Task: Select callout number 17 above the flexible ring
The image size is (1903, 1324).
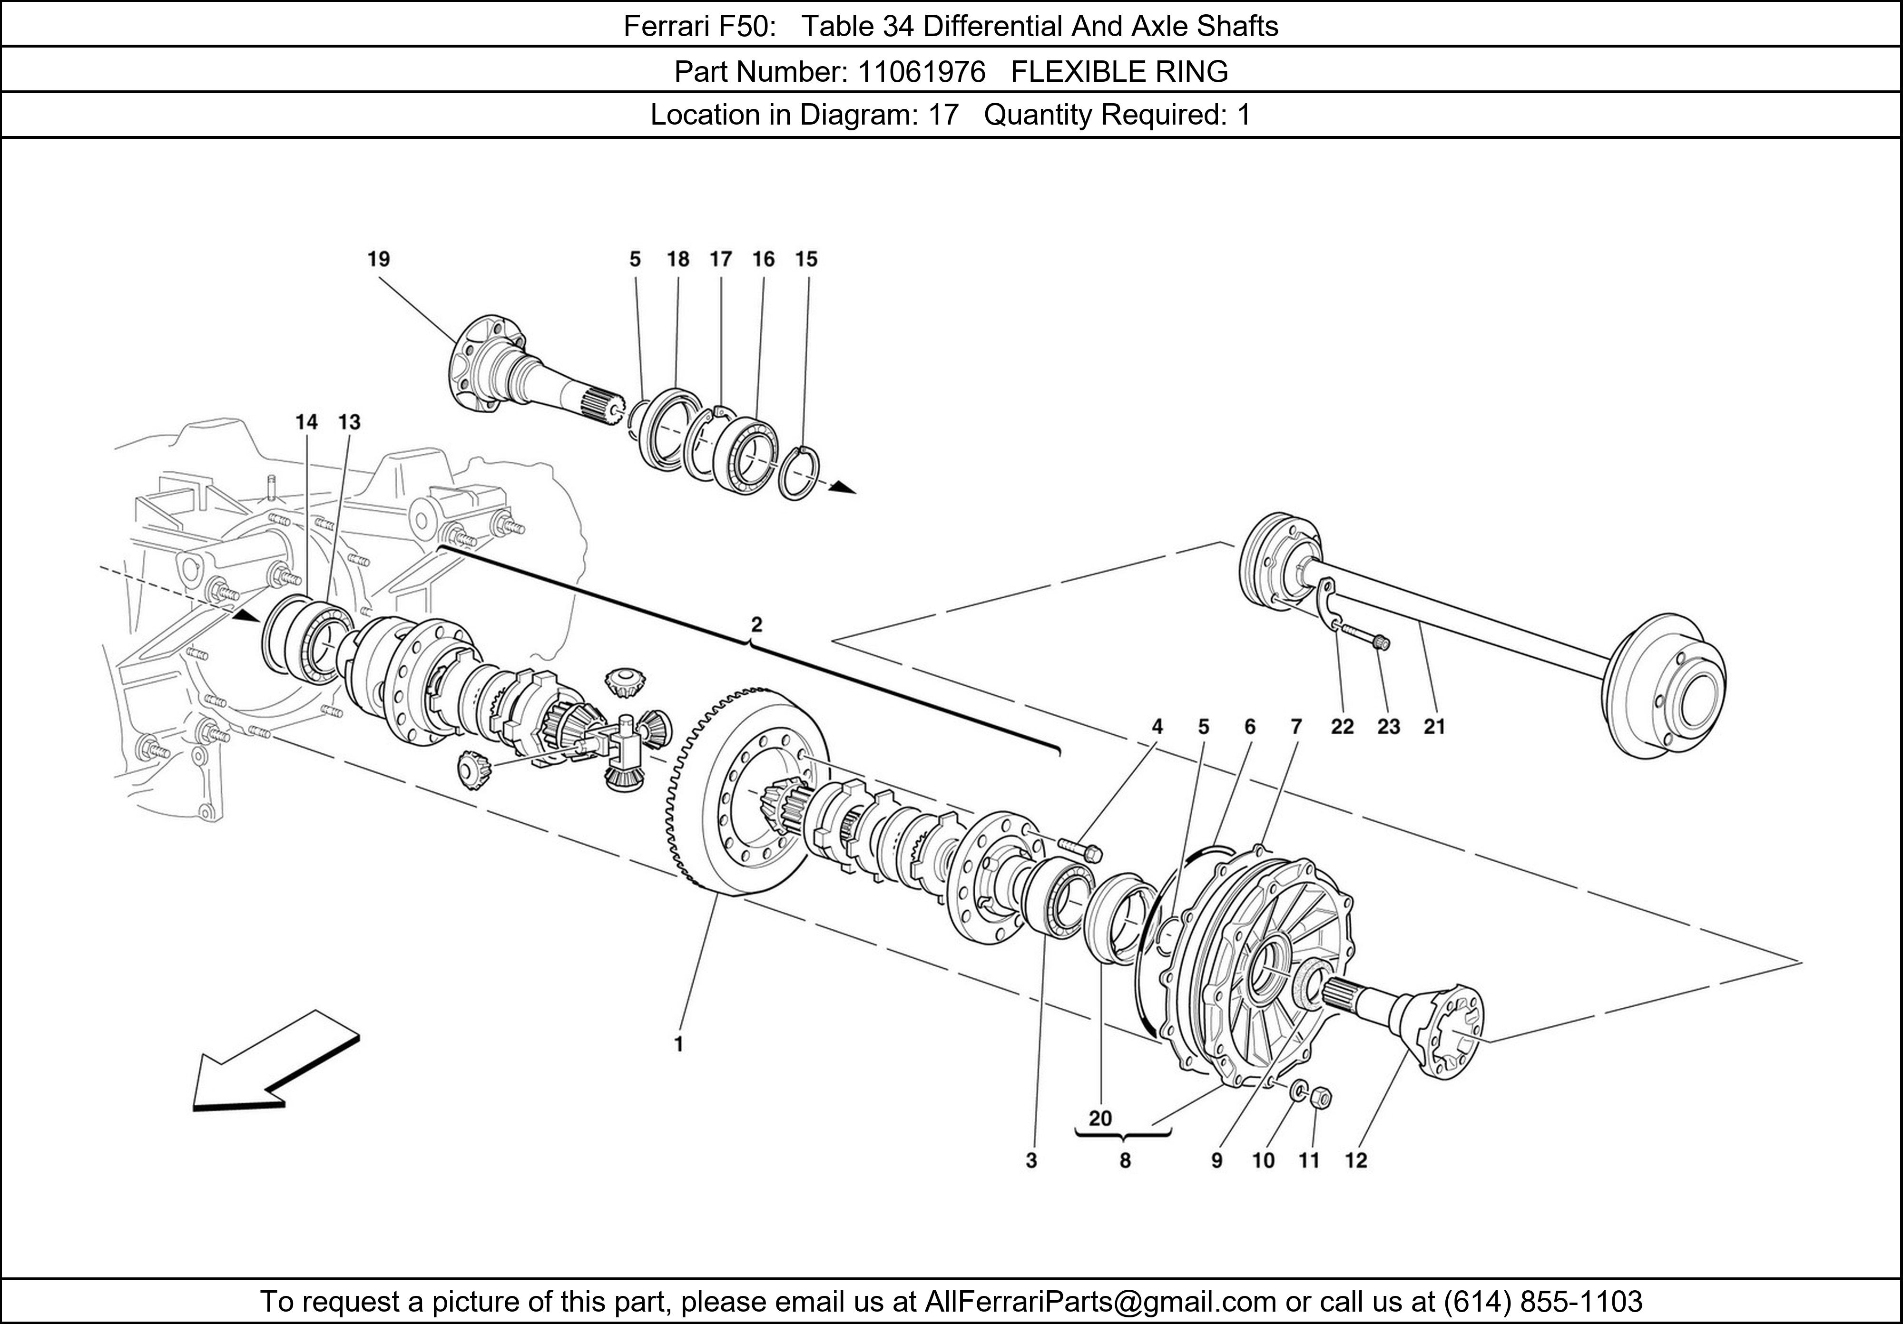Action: [x=720, y=259]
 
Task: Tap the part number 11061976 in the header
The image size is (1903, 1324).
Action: [x=921, y=72]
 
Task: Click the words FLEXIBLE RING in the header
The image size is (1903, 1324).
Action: [x=1119, y=72]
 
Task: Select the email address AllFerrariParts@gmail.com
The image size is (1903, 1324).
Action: [x=1100, y=1302]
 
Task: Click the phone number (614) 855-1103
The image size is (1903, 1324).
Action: [x=1542, y=1302]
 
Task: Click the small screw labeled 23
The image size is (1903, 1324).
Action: [x=1368, y=637]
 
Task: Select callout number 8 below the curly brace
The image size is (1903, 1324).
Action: [x=1125, y=1161]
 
